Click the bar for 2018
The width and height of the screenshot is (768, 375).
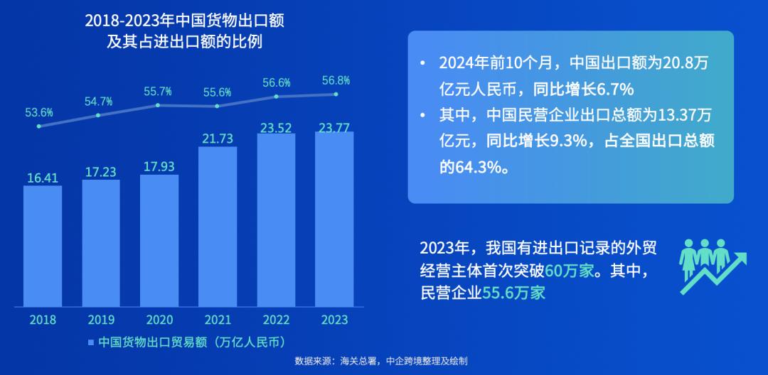coord(43,246)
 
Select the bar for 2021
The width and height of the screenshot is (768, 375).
coord(218,227)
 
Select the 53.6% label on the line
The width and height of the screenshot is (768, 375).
coord(40,112)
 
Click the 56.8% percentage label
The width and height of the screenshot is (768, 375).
coord(336,80)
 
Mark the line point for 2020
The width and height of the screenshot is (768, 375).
coord(158,105)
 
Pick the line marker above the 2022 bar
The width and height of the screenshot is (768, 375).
coord(276,96)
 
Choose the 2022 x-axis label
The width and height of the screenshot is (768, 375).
coord(276,320)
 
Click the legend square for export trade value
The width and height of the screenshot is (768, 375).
coord(91,342)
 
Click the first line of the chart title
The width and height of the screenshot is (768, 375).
coord(185,21)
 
